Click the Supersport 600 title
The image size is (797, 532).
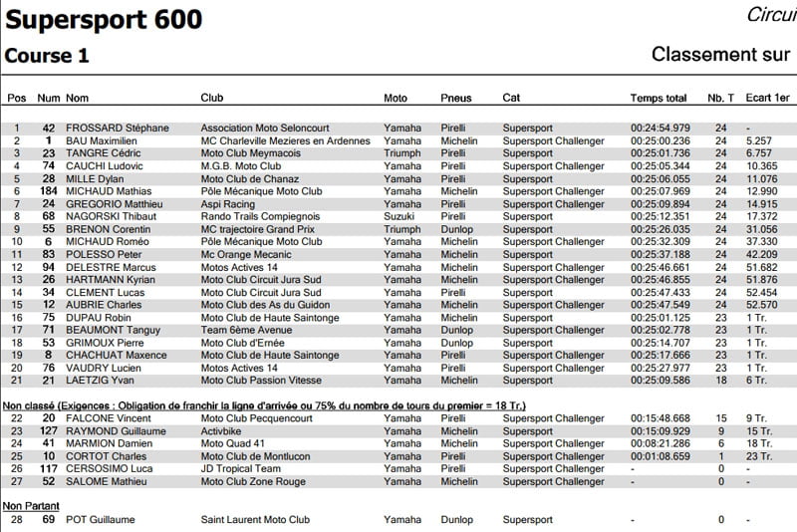[x=104, y=19]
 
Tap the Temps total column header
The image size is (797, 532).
[x=659, y=98]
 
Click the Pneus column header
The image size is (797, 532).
[x=456, y=98]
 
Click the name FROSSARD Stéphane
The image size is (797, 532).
[x=117, y=129]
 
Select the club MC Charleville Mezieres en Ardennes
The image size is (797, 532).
[x=285, y=141]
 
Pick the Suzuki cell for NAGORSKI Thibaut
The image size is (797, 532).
[x=399, y=216]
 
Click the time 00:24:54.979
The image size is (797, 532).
[x=661, y=129]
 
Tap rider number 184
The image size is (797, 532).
[x=48, y=191]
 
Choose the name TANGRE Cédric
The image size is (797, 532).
[x=103, y=153]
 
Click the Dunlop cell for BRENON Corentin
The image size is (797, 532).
[x=457, y=229]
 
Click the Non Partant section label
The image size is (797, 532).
[x=27, y=506]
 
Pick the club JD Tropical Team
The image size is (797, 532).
[x=241, y=469]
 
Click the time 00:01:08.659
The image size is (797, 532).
[x=661, y=456]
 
